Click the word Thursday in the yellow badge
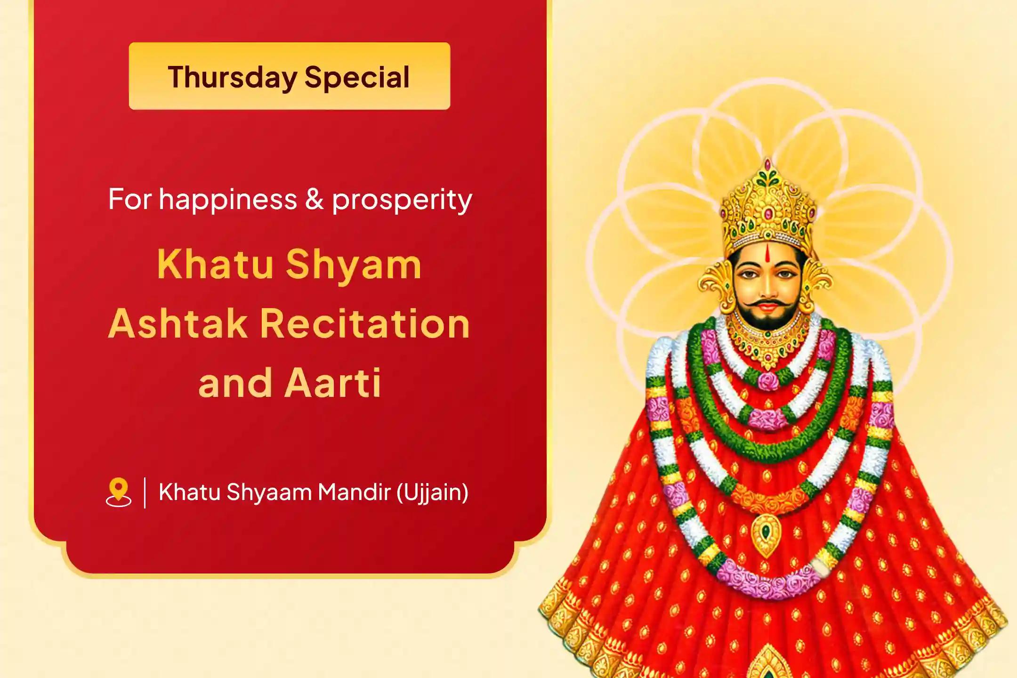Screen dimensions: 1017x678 [x=233, y=78]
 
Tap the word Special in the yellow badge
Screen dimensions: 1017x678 [x=357, y=78]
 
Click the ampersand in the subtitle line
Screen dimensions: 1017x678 [x=315, y=199]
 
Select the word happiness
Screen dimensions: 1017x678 [x=228, y=200]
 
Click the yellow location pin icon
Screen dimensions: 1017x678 [x=119, y=492]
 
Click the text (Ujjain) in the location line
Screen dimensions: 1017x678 [x=432, y=493]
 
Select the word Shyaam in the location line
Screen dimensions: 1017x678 [x=269, y=493]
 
